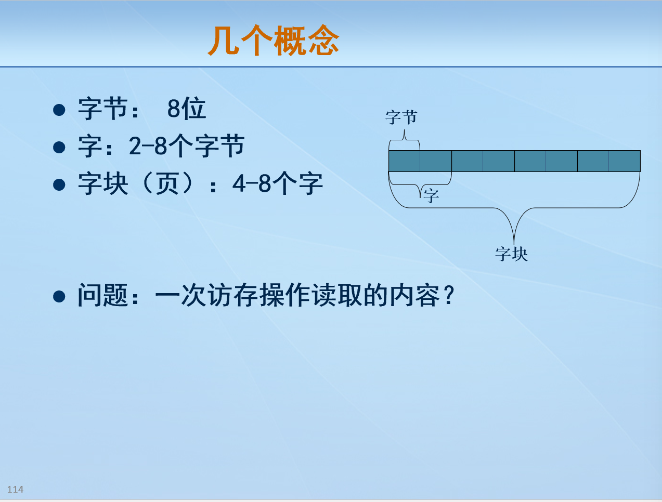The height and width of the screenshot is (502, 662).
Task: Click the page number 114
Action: [15, 489]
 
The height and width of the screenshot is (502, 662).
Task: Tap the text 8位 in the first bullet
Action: [186, 109]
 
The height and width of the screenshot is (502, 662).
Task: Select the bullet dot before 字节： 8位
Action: [59, 110]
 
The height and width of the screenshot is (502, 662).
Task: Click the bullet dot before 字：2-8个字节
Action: [59, 147]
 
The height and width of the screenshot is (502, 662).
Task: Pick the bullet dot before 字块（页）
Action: [59, 184]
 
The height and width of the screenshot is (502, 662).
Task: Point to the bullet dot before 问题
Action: [59, 297]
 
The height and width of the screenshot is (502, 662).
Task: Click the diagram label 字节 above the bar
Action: [401, 117]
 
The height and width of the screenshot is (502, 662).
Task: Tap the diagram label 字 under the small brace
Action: [431, 196]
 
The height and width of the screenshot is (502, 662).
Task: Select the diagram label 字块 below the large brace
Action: [511, 254]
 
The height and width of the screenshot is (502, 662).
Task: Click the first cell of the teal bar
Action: [404, 161]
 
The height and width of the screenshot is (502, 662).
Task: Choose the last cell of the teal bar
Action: [624, 161]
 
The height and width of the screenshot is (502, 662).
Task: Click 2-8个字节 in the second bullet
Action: [186, 147]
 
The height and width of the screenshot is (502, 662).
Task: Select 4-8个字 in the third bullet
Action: [277, 184]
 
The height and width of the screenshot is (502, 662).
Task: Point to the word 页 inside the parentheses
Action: [167, 184]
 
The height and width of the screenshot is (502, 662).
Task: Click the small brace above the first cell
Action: [404, 137]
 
